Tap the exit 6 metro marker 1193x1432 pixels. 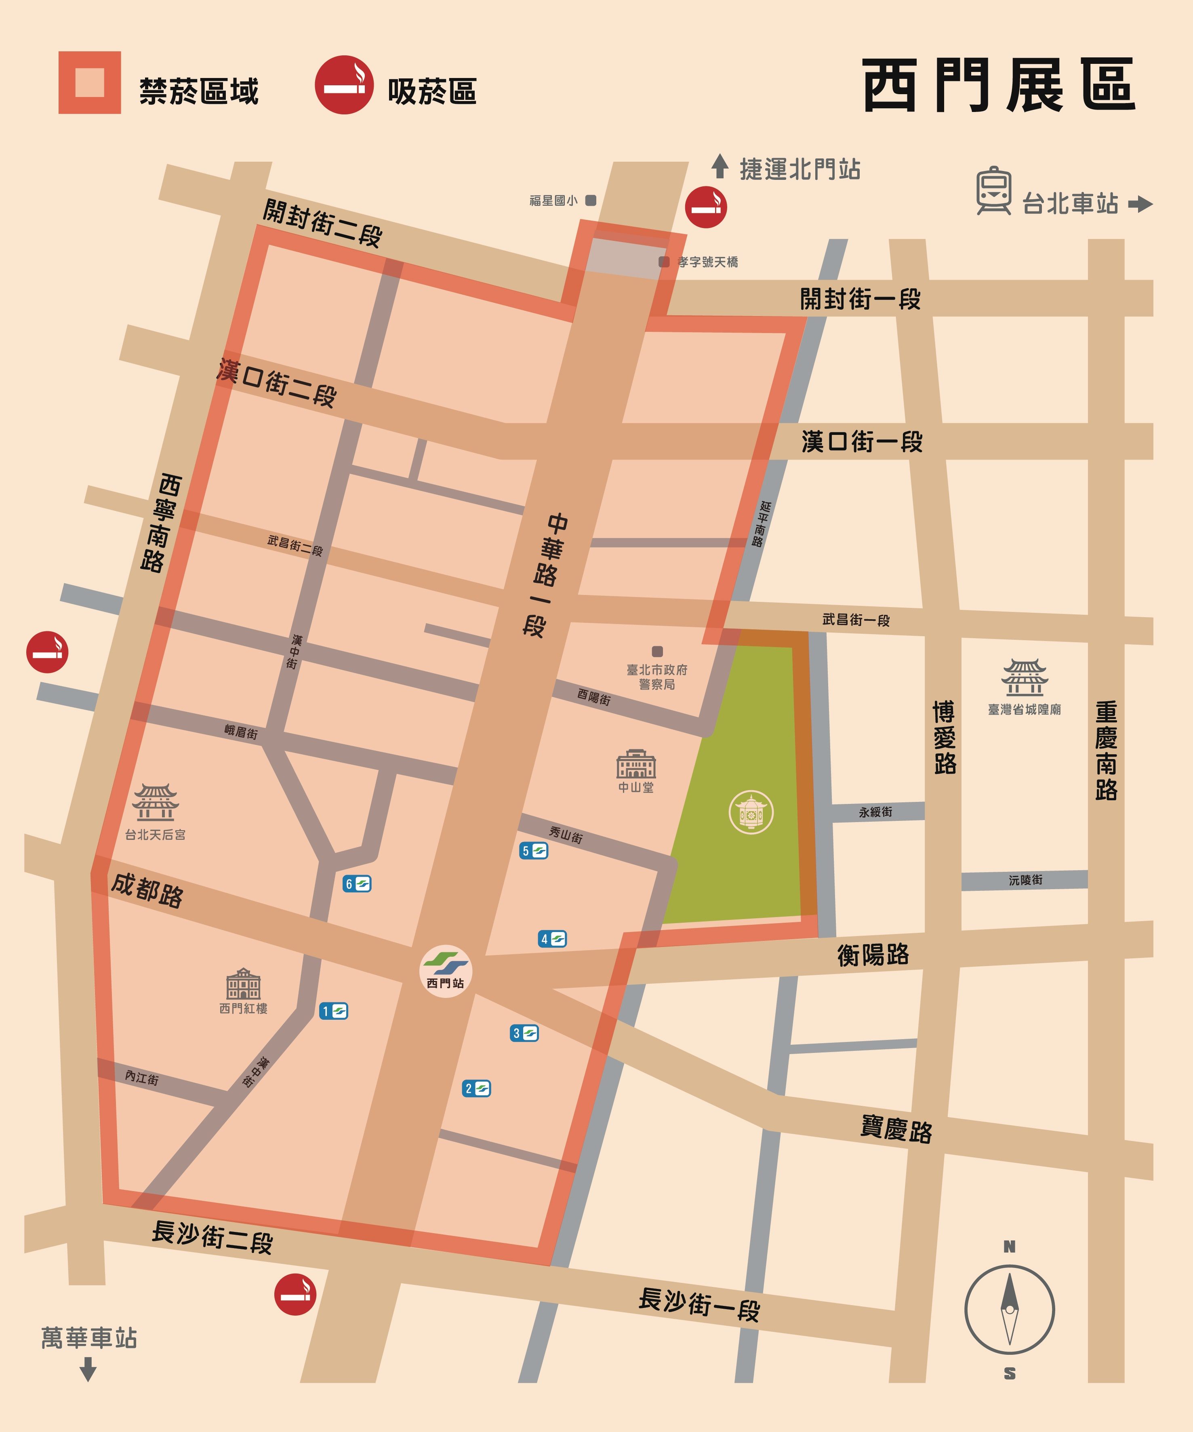pyautogui.click(x=357, y=884)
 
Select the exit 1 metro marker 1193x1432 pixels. pyautogui.click(x=333, y=1010)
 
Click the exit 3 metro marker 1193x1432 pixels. pyautogui.click(x=524, y=1033)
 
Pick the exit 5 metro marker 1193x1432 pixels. pyautogui.click(x=533, y=850)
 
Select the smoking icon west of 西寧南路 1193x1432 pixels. pyautogui.click(x=47, y=652)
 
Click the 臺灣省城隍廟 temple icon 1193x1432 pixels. pyautogui.click(x=1024, y=677)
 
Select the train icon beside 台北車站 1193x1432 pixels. pyautogui.click(x=993, y=190)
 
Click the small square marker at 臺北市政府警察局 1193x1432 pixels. pyautogui.click(x=657, y=651)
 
